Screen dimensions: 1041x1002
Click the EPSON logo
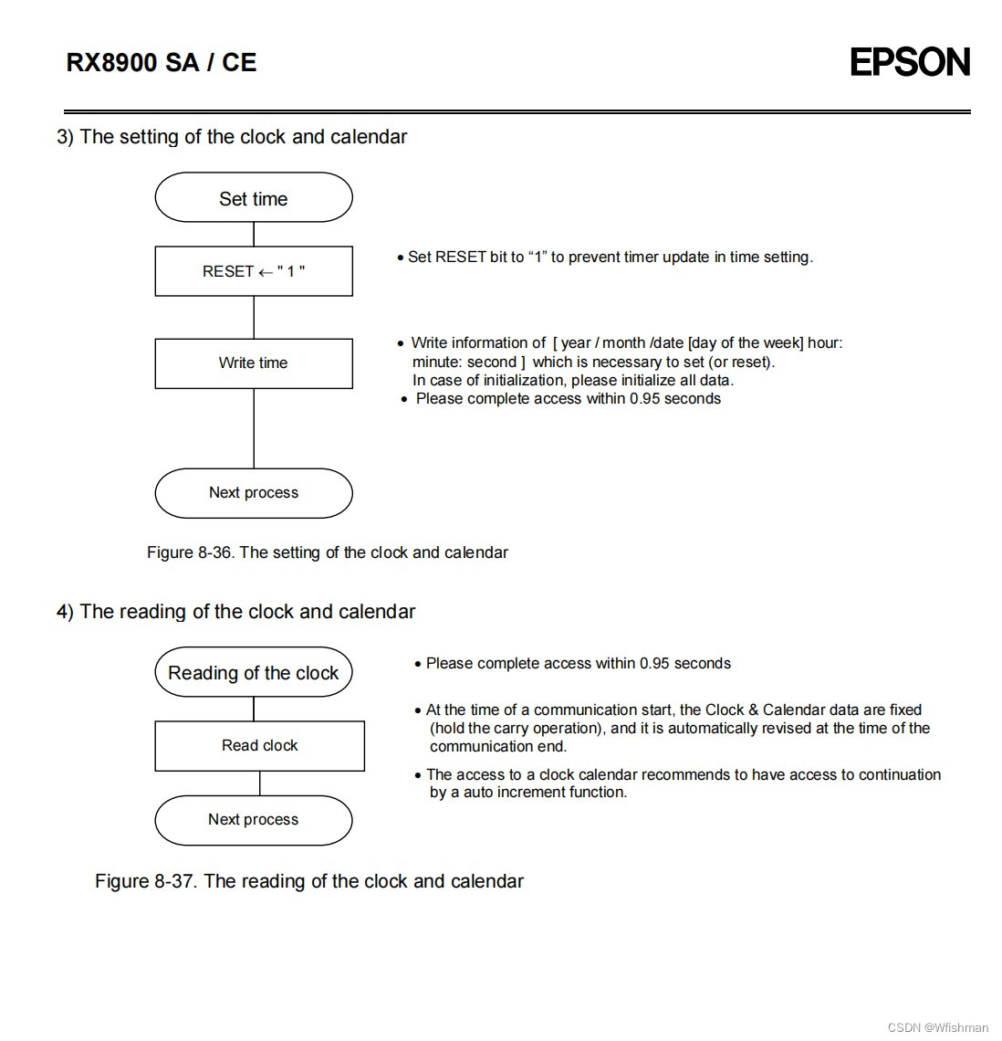coord(909,62)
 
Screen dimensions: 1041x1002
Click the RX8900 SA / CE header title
coord(162,62)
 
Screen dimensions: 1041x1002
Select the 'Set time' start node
coord(254,198)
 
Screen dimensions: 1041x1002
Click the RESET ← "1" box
coord(254,271)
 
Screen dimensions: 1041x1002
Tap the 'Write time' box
coord(254,363)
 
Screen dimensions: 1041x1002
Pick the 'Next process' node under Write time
coord(254,493)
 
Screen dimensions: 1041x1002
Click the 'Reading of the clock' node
coord(254,673)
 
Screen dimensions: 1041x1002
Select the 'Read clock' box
coord(260,746)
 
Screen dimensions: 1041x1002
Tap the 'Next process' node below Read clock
coord(254,820)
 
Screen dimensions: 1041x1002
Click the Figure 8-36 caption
coord(327,552)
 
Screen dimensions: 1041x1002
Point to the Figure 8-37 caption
coord(308,881)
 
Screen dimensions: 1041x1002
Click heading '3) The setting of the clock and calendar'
coord(232,137)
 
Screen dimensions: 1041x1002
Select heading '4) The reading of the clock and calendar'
coord(235,612)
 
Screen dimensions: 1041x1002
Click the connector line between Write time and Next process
coord(254,429)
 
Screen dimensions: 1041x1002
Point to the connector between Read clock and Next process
coord(260,783)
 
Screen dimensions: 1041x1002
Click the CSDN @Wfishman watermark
coord(937,1027)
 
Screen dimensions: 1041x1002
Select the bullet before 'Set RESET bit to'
coord(400,258)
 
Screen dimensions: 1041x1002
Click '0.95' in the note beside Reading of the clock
coord(655,664)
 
